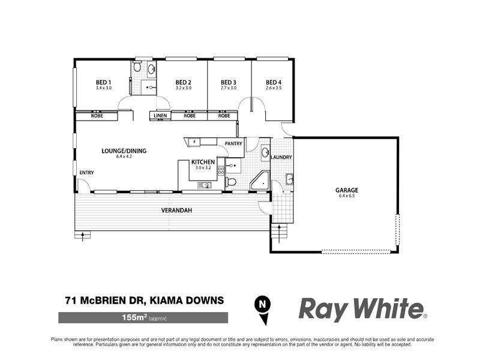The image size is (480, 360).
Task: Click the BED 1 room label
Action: tap(103, 82)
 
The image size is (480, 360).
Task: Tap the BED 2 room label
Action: tap(183, 82)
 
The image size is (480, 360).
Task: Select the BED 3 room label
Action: tap(229, 82)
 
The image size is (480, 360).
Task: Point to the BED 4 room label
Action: tap(274, 82)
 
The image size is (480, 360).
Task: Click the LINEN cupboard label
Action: tap(160, 115)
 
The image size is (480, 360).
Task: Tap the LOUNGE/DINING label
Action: tap(125, 151)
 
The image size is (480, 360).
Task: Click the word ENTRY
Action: tap(86, 173)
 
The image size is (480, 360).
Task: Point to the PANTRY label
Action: tap(233, 143)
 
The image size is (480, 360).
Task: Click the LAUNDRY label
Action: tap(281, 157)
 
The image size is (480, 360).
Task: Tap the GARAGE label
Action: tap(347, 190)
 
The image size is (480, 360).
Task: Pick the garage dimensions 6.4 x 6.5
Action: tap(347, 196)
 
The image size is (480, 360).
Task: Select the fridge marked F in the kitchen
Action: tap(194, 142)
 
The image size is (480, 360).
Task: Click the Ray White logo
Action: tap(362, 309)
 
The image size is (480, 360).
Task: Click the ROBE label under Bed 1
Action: tap(97, 115)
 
